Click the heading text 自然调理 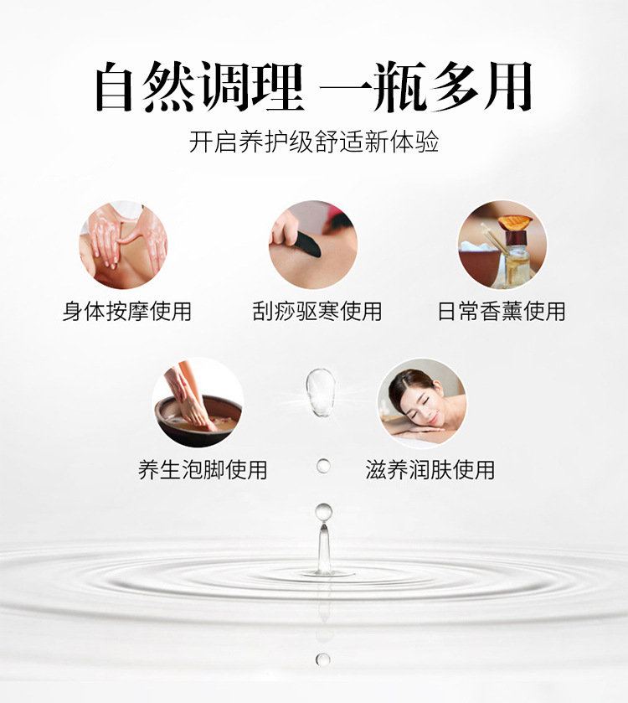tap(199, 86)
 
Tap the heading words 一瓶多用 tap(425, 86)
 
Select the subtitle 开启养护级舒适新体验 tap(313, 142)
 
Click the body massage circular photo tap(123, 245)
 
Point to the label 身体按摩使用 tap(127, 311)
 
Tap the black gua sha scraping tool tap(306, 245)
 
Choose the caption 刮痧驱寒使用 tap(317, 311)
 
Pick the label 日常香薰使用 tap(502, 311)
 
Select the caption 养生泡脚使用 tap(203, 470)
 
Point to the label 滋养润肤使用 tap(430, 470)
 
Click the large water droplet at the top tap(321, 392)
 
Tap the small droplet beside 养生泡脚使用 tap(323, 466)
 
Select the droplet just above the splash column tap(323, 512)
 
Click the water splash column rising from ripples tap(324, 549)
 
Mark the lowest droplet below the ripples tap(322, 659)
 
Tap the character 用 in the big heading tap(508, 86)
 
